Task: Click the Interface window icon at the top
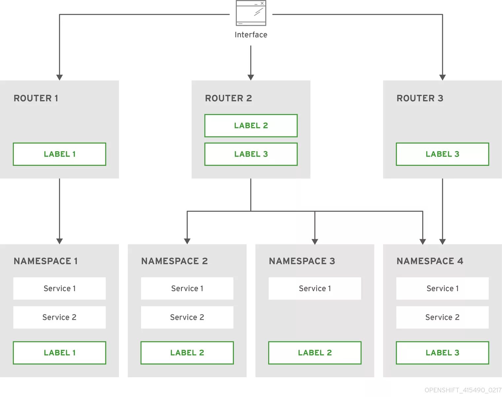(x=251, y=13)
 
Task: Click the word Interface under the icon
(x=251, y=35)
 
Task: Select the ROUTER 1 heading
(x=36, y=98)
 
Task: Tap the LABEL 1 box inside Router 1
(x=59, y=154)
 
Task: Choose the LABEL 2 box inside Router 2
(x=251, y=126)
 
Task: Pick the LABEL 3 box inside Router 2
(x=251, y=154)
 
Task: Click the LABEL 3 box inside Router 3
(x=442, y=154)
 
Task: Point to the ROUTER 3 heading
(x=420, y=98)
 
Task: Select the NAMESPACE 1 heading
(x=46, y=261)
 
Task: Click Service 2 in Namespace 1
(x=59, y=317)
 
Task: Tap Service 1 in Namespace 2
(x=187, y=289)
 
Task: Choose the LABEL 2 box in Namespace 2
(x=187, y=353)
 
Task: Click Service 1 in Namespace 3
(x=315, y=289)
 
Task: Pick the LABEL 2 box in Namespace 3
(x=315, y=353)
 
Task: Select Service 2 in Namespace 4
(x=442, y=317)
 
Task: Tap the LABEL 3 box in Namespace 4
(x=442, y=353)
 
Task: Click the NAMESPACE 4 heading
(x=430, y=261)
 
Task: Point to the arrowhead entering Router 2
(x=251, y=77)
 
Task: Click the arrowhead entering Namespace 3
(x=315, y=241)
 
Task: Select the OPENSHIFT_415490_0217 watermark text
(x=463, y=390)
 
